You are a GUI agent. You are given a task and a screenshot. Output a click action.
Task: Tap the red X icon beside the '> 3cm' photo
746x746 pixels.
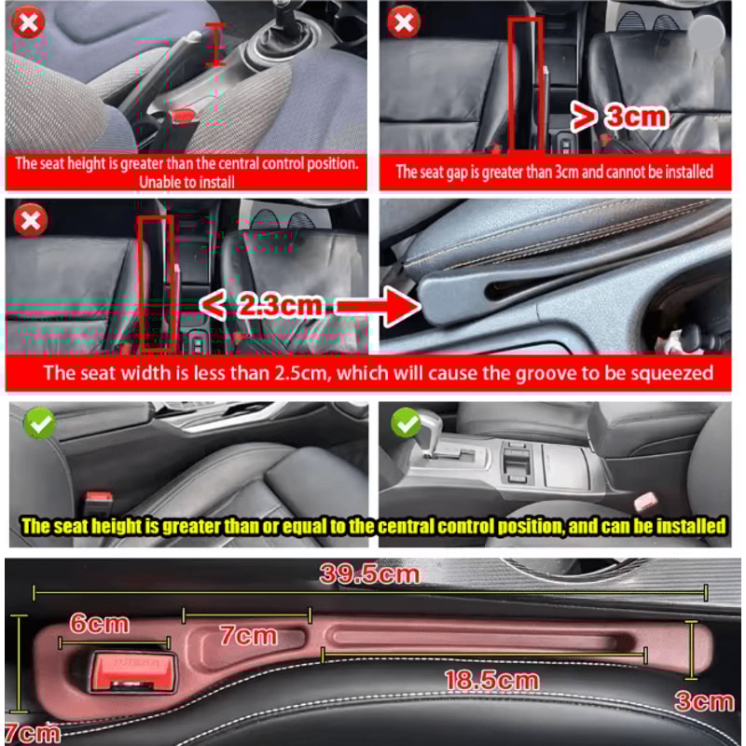(404, 22)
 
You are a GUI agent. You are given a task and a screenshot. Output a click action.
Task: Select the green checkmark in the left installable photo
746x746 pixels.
(40, 424)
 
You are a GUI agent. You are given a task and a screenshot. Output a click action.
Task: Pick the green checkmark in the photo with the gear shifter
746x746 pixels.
(406, 424)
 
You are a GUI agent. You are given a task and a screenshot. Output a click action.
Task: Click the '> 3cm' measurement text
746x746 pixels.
(620, 116)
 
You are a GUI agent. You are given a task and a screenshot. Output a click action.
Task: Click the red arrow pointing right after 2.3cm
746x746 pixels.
(378, 305)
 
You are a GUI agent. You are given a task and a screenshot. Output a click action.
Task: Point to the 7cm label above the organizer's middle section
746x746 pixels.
(248, 636)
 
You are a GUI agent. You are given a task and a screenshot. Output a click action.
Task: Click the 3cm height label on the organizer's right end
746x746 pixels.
(704, 700)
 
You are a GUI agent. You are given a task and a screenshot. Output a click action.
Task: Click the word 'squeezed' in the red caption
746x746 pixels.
(666, 374)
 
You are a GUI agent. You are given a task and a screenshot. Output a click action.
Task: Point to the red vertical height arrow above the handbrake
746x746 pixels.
(216, 44)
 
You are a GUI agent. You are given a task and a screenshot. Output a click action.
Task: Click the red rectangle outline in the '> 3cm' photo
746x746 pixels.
(524, 84)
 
